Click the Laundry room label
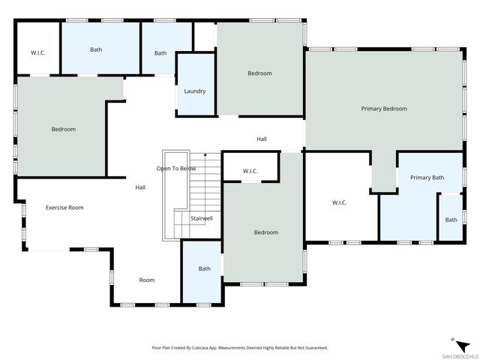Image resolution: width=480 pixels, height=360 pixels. tap(194, 91)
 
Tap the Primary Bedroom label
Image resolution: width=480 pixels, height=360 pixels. tap(383, 109)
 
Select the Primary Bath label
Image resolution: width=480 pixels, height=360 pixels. tap(427, 178)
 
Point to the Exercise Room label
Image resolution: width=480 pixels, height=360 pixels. tap(64, 207)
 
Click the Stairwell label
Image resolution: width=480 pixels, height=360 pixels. tap(202, 218)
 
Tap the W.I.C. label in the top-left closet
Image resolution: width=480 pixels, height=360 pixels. tap(37, 52)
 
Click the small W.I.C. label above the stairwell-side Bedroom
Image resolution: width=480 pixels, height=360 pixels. tap(250, 172)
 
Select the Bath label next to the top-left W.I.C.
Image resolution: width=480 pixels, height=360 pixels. tap(96, 49)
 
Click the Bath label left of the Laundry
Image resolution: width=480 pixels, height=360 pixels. tap(160, 53)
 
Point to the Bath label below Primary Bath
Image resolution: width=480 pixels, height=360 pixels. tap(451, 220)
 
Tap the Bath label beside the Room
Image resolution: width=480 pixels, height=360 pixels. tap(205, 268)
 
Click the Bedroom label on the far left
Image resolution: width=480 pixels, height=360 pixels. tap(64, 129)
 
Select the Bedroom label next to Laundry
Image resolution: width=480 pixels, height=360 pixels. tap(259, 73)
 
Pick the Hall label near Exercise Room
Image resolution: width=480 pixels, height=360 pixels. tap(140, 187)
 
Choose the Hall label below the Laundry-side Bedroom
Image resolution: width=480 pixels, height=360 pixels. tap(262, 139)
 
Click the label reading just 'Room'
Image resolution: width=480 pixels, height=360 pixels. tap(147, 280)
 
